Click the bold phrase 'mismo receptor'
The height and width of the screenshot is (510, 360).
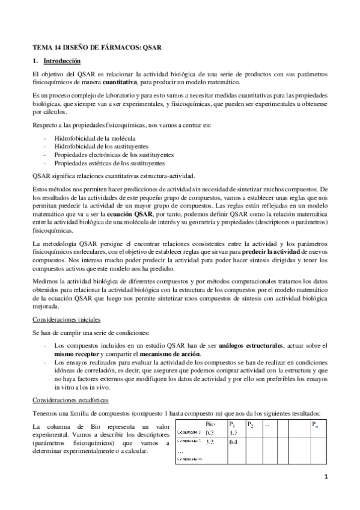pos(75,354)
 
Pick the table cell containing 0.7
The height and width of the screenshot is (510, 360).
pos(210,432)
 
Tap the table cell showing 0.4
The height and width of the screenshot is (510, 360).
pos(235,441)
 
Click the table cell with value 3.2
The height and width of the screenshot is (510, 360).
pos(210,441)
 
